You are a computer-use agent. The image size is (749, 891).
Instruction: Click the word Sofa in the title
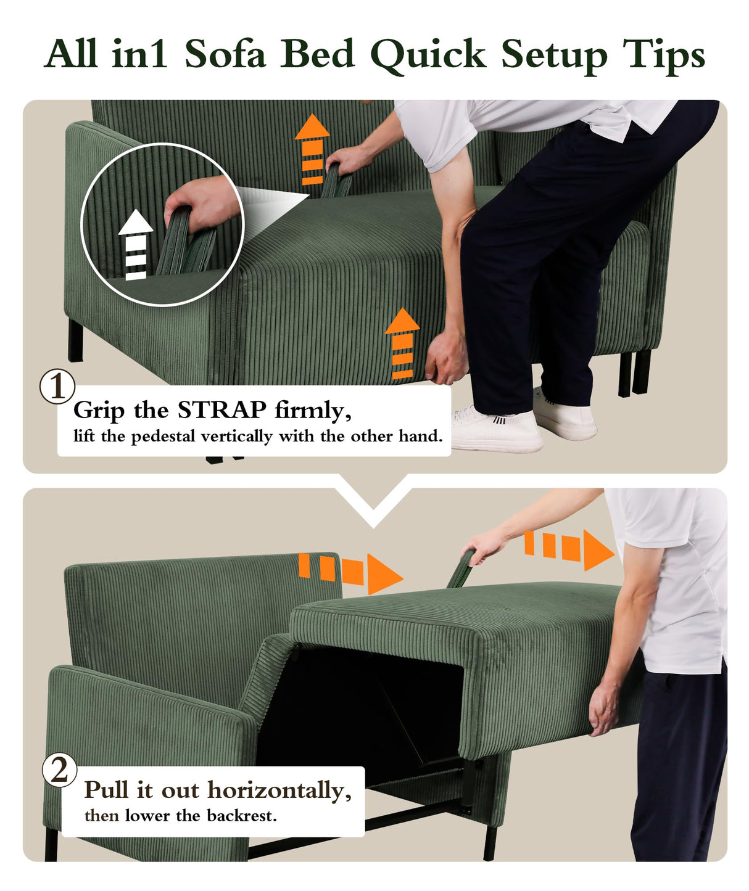[x=225, y=54]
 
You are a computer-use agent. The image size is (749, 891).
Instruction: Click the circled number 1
[x=57, y=387]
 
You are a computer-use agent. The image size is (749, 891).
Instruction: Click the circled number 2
[x=59, y=770]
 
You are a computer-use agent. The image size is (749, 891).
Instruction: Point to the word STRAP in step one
[x=221, y=410]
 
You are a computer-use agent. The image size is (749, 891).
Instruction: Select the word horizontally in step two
[x=279, y=790]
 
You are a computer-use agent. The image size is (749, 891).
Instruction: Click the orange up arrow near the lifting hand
[x=402, y=343]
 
